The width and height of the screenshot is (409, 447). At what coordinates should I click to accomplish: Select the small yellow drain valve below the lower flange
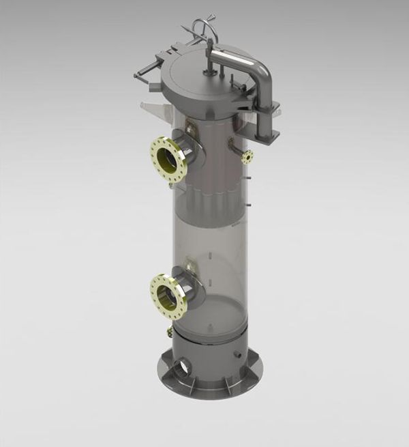[x=168, y=332]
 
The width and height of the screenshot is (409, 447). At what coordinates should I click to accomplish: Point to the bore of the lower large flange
[x=163, y=295]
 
